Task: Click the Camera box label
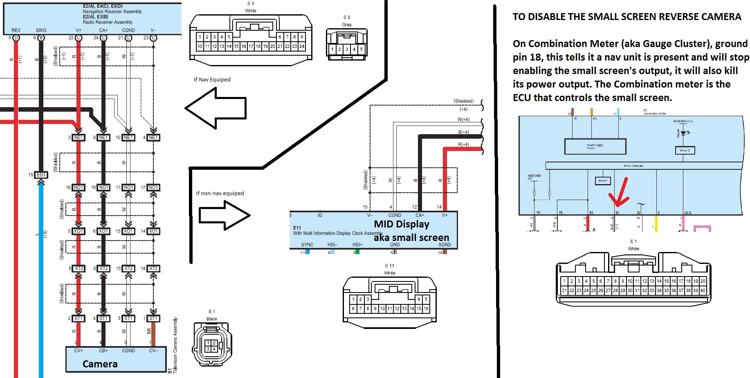[x=100, y=364]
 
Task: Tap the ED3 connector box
[x=41, y=175]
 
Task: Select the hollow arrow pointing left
[x=216, y=108]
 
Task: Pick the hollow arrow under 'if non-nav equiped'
[x=225, y=215]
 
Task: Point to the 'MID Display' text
[x=402, y=224]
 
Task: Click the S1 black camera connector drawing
[x=211, y=344]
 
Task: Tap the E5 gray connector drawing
[x=347, y=44]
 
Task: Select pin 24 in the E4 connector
[x=302, y=47]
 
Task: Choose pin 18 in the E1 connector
[x=688, y=281]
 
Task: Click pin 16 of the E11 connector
[x=426, y=309]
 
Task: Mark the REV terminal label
[x=16, y=30]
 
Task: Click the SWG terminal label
[x=41, y=30]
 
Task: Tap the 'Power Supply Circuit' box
[x=595, y=146]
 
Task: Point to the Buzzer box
[x=603, y=180]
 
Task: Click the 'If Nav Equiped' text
[x=212, y=79]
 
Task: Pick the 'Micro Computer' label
[x=633, y=166]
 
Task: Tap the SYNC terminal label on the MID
[x=307, y=245]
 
